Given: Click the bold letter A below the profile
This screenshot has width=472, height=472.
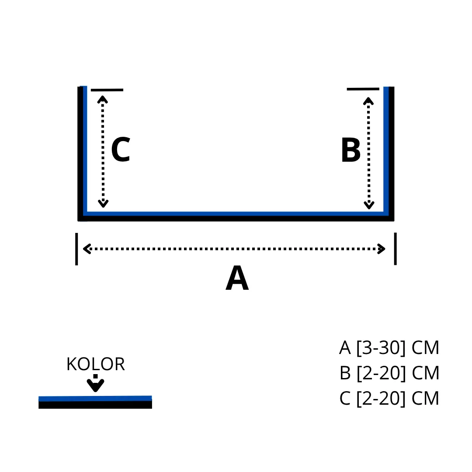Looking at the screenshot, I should tap(237, 278).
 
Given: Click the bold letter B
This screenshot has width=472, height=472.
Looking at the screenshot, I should tap(351, 151).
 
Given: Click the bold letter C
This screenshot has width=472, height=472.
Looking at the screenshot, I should tap(121, 149).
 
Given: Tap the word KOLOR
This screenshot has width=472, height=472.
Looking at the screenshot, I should tap(96, 364).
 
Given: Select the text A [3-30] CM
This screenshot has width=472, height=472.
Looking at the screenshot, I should tap(389, 348).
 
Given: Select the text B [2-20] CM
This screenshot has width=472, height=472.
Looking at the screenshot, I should tap(389, 373).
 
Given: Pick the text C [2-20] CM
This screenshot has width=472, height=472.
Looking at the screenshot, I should tap(389, 399).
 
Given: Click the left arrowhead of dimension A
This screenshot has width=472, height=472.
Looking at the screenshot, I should tap(86, 249).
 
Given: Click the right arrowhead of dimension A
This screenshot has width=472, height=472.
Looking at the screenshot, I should tap(382, 249).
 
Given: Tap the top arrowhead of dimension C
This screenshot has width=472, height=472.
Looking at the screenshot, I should tap(103, 99).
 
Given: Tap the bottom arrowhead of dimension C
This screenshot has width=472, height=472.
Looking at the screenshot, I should tap(103, 204).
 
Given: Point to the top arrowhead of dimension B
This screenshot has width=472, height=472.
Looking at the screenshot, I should tap(368, 101).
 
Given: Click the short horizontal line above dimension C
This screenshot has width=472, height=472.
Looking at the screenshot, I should tap(107, 90).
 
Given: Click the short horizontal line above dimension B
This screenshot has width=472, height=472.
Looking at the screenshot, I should tap(363, 89).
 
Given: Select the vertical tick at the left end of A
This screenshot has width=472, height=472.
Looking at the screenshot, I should tap(76, 249).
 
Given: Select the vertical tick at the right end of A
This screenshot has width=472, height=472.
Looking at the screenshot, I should tap(396, 249).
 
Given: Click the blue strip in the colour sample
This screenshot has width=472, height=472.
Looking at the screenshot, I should tap(95, 398).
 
